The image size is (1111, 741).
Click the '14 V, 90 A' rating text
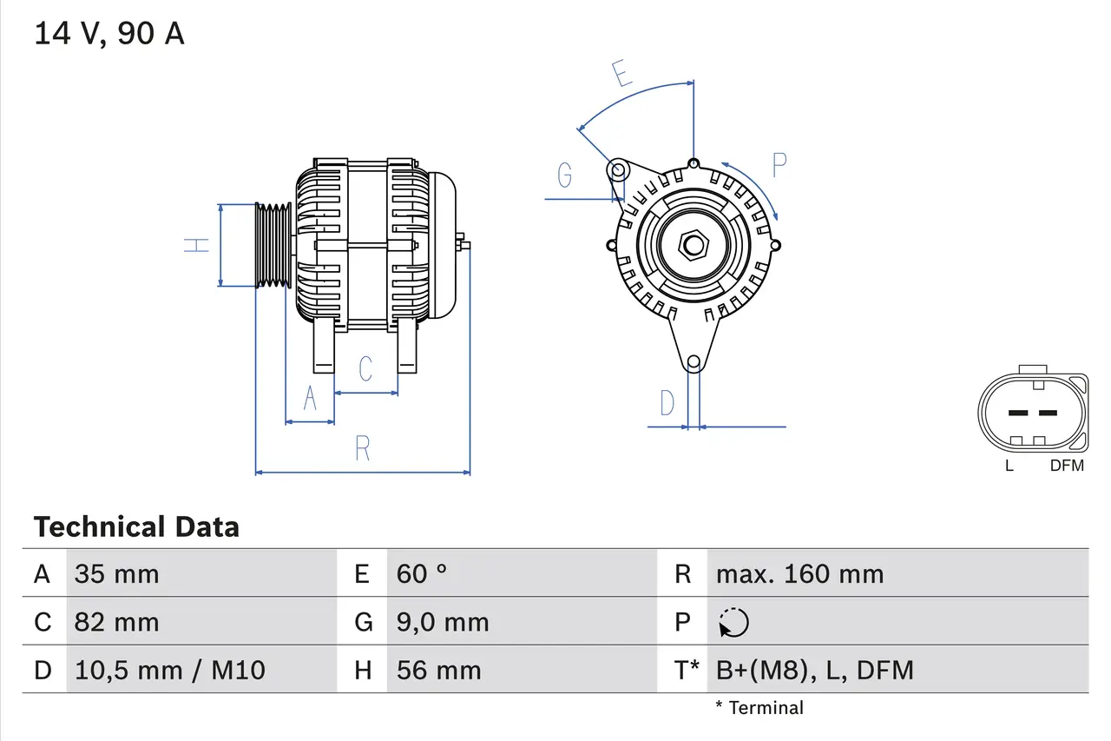pyautogui.click(x=108, y=34)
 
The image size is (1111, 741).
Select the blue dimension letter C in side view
pyautogui.click(x=365, y=368)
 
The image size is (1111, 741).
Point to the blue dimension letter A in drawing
pyautogui.click(x=310, y=399)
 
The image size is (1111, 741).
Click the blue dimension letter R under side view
pyautogui.click(x=363, y=448)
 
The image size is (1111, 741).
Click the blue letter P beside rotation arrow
pyautogui.click(x=779, y=165)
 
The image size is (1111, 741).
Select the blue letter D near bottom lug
pyautogui.click(x=667, y=403)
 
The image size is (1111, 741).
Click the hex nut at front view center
pyautogui.click(x=693, y=245)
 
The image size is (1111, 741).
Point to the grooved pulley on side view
pyautogui.click(x=273, y=245)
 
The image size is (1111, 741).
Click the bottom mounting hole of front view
pyautogui.click(x=694, y=362)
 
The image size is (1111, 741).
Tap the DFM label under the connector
pyautogui.click(x=1067, y=466)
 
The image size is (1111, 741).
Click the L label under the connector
pyautogui.click(x=1009, y=466)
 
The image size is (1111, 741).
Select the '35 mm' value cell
pyautogui.click(x=116, y=574)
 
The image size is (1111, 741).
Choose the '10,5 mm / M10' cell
pyautogui.click(x=169, y=670)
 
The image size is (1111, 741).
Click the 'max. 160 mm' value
pyautogui.click(x=799, y=574)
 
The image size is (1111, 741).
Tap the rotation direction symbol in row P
pyautogui.click(x=733, y=623)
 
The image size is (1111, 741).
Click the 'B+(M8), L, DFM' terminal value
pyautogui.click(x=814, y=670)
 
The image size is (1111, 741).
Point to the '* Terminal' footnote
pyautogui.click(x=759, y=708)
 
